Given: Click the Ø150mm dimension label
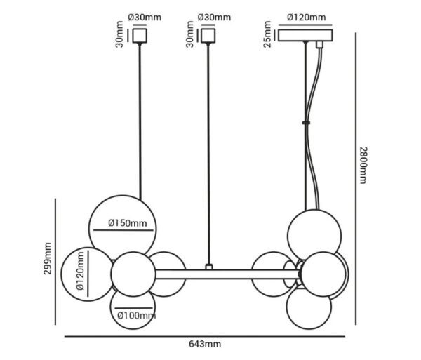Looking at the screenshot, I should (128, 223).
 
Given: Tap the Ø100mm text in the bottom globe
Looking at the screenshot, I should (135, 315).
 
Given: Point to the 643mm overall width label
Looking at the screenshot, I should (205, 344).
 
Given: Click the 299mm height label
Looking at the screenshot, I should (48, 260).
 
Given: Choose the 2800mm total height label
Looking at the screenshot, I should (363, 166).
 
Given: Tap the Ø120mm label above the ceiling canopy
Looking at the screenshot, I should (307, 17).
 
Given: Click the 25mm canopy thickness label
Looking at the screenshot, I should (267, 34).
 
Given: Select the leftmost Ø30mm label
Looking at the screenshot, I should (145, 17).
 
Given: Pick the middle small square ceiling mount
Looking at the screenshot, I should (208, 34).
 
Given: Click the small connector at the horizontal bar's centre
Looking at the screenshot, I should (208, 267).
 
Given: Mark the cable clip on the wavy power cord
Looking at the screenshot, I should (307, 121).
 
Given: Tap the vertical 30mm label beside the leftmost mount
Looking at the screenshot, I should (120, 34).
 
